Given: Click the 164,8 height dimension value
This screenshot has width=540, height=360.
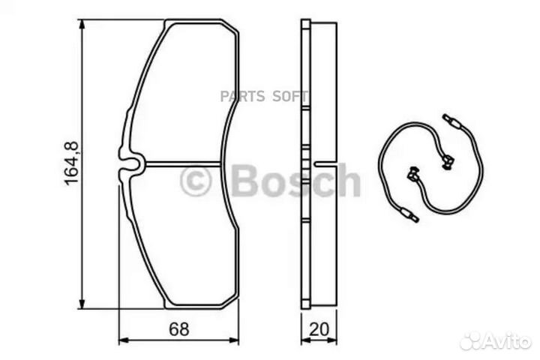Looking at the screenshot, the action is click(x=72, y=163).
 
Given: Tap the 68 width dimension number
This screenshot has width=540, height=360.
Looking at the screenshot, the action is click(x=179, y=329).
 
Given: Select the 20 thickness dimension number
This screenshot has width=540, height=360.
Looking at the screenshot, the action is click(x=319, y=329).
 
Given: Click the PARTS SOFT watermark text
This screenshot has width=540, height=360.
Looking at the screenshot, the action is click(x=264, y=97).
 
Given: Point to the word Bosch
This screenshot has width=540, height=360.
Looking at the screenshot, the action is click(x=296, y=180).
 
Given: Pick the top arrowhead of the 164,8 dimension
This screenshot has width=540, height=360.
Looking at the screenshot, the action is click(x=82, y=25).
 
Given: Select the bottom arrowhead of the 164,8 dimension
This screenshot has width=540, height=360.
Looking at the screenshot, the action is click(x=82, y=303).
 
